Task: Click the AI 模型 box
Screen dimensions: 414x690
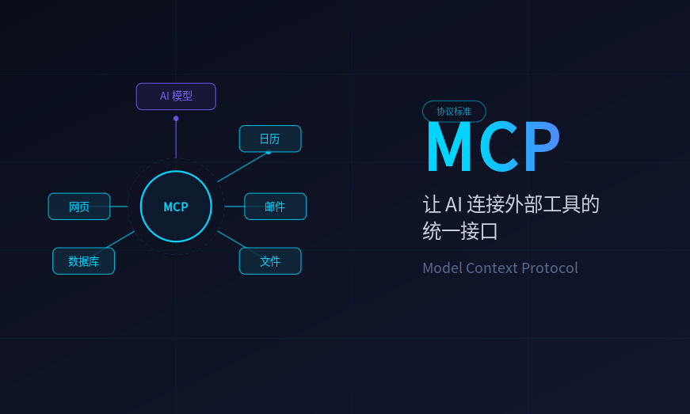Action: [176, 97]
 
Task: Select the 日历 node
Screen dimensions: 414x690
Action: [270, 139]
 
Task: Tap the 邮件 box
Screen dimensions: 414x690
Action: [275, 207]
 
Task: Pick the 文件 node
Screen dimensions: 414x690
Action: [270, 261]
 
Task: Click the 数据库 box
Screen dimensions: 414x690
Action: [83, 261]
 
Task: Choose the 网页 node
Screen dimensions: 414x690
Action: [79, 207]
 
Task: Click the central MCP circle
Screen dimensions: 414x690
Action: [176, 207]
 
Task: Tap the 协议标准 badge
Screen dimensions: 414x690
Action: [454, 112]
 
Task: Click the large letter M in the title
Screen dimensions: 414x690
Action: [449, 148]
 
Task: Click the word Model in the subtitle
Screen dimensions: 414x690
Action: [441, 268]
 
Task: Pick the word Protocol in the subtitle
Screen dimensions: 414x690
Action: [550, 268]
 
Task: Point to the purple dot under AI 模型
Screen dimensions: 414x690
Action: [176, 119]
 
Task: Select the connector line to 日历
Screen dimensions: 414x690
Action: [242, 167]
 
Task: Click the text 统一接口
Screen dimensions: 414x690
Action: [460, 231]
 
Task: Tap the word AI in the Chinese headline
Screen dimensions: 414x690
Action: [453, 204]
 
